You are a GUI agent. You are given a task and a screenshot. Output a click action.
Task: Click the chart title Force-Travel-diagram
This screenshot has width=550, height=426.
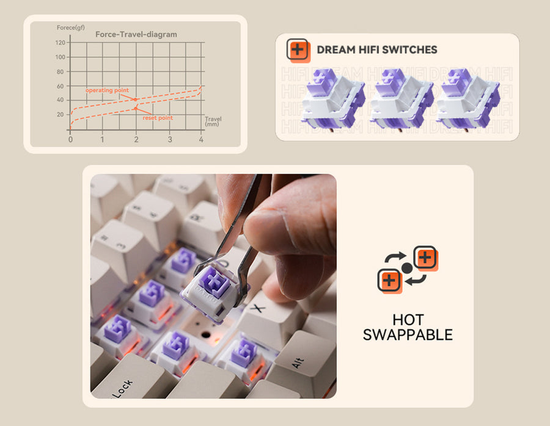pos(136,34)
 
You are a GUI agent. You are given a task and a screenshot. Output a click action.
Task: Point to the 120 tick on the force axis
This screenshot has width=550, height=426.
pos(60,42)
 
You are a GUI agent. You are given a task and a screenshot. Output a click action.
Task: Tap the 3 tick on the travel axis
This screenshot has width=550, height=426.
pos(170,139)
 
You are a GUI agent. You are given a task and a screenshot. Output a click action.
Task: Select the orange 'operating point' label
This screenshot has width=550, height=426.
pos(107,90)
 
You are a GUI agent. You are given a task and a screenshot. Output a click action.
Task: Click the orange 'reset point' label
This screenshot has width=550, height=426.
pos(158,118)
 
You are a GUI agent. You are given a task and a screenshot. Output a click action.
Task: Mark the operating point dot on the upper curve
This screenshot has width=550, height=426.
pos(136,99)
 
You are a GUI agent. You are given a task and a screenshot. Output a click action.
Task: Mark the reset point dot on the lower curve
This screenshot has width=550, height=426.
pos(136,109)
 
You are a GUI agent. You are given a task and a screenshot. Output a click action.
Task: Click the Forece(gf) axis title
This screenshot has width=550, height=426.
pos(70,27)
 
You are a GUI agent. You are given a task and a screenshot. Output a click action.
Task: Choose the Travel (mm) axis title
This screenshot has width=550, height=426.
pos(213,121)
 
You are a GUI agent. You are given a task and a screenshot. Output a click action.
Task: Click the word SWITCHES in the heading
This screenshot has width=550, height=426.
pos(409,50)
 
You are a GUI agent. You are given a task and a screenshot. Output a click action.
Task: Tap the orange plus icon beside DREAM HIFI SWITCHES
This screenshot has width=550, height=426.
pos(298,51)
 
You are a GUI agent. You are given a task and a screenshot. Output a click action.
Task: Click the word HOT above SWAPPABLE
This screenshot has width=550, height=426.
pos(408,320)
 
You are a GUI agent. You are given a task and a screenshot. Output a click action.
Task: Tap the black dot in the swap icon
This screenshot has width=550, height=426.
pos(407,269)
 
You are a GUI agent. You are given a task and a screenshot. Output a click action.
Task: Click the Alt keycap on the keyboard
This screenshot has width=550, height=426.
pos(303,363)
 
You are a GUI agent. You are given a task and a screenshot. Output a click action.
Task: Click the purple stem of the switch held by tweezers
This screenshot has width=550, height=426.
pos(213,280)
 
